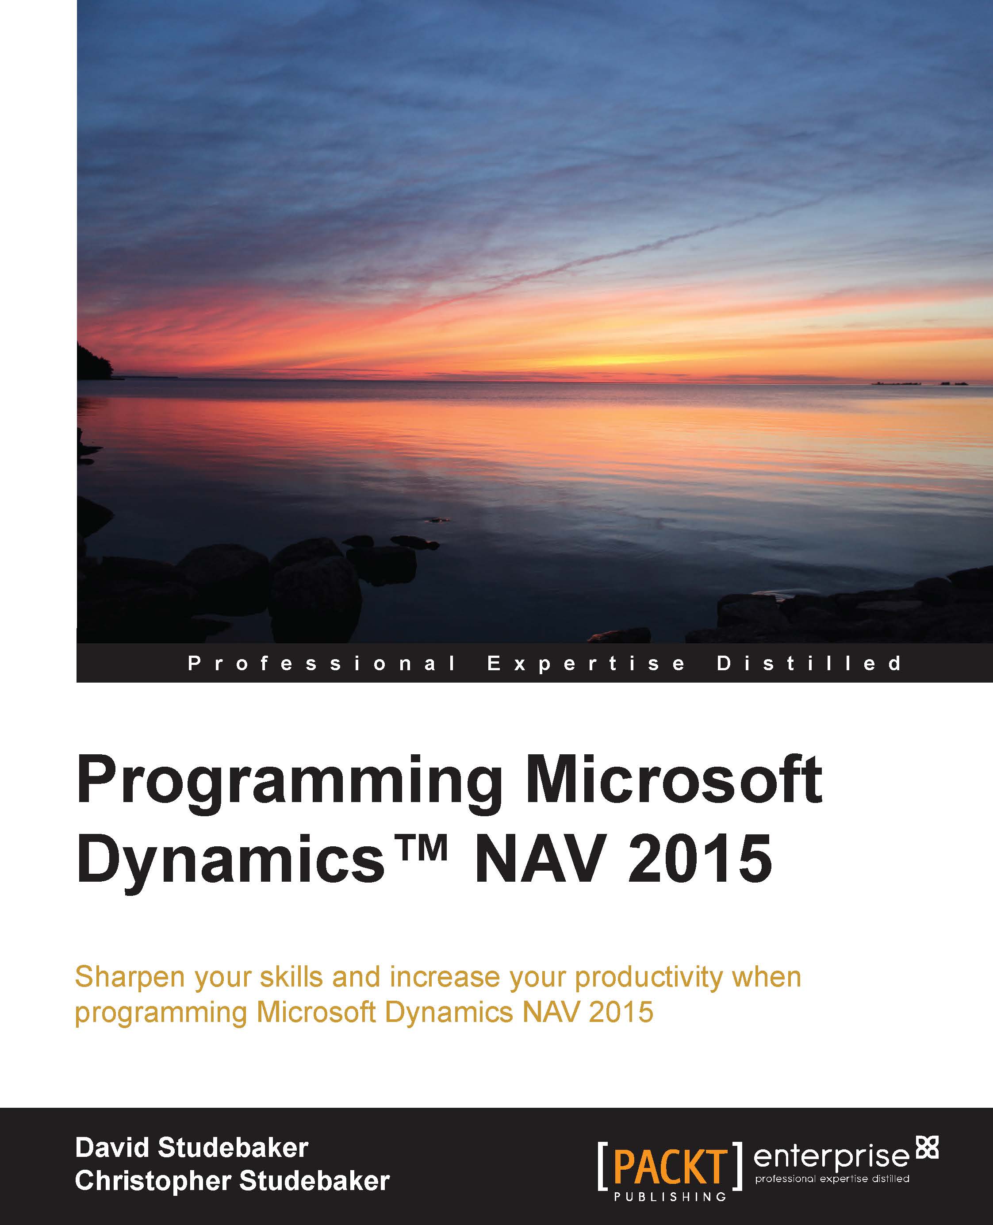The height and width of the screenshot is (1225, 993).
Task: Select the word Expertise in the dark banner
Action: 587,663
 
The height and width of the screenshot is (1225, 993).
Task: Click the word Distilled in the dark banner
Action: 809,663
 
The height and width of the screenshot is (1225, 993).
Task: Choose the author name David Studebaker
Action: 192,1132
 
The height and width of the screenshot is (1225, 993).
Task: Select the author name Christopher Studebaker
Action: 232,1165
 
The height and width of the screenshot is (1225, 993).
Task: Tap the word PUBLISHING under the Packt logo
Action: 670,1181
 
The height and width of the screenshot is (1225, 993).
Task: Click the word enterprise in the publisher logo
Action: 831,1141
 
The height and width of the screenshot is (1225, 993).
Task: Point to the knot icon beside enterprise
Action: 927,1129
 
